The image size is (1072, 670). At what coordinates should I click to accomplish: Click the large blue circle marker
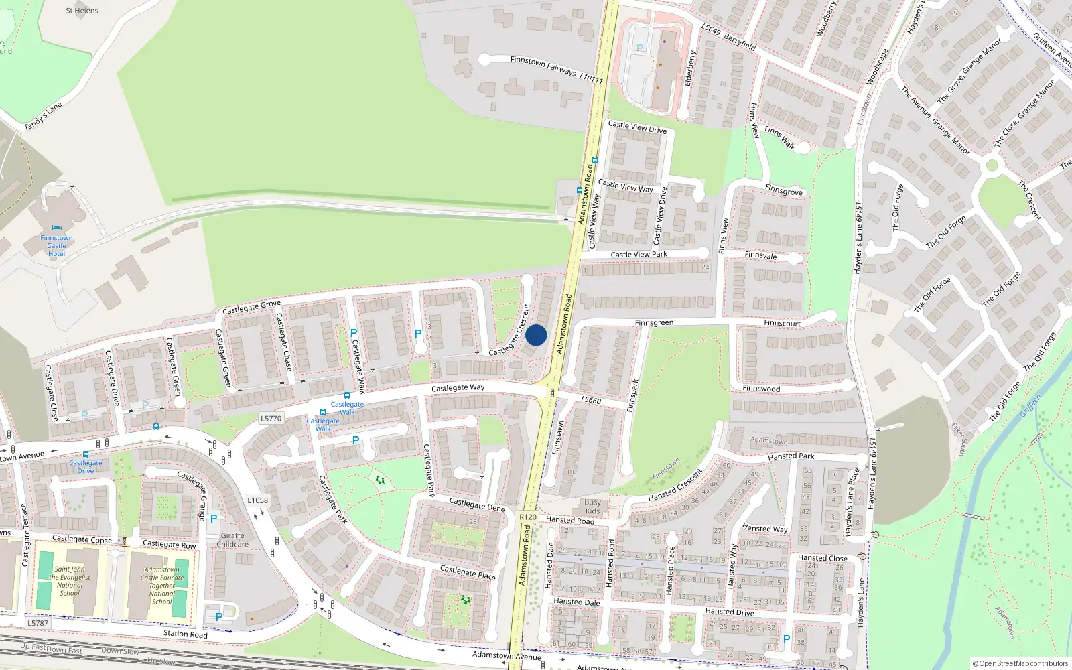point(536,335)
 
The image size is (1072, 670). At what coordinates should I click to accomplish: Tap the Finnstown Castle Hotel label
point(56,246)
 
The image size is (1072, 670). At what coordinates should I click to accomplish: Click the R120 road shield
point(528,517)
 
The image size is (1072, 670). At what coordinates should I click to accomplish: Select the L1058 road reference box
point(257,500)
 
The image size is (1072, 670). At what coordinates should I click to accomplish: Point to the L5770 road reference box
point(271,418)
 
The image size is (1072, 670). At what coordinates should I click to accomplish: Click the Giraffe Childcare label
point(232,540)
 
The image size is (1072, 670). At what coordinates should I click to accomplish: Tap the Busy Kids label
point(592,507)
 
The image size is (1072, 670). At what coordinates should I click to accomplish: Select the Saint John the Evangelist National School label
point(69,581)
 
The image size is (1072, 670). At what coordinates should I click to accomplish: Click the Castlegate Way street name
point(458,388)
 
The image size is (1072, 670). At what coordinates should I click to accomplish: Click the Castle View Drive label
point(637,127)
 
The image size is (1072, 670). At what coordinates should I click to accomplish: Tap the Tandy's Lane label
point(43,116)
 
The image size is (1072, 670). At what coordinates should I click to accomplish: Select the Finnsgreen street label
point(654,323)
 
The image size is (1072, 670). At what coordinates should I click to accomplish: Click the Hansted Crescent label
point(675,486)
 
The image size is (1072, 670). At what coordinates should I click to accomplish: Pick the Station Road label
point(186,634)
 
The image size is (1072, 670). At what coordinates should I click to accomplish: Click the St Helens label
point(82,11)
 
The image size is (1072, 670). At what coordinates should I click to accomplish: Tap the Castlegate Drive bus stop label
point(86,467)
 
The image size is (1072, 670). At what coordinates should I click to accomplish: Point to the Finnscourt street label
point(782,323)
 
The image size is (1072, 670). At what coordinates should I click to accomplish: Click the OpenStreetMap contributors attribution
point(1020,664)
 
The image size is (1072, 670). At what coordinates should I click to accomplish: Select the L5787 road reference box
point(38,623)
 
